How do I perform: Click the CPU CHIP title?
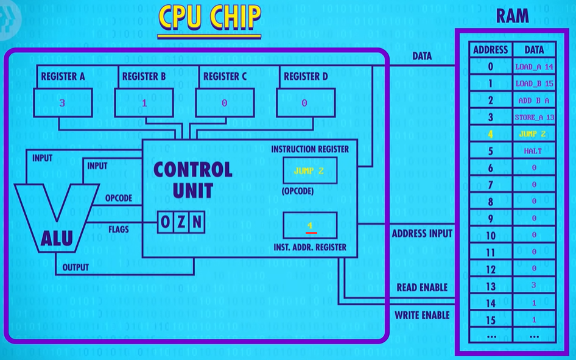209,17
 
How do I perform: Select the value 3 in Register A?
62,103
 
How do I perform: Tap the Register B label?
144,76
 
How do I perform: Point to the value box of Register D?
306,102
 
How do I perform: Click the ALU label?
57,238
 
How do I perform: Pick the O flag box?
165,222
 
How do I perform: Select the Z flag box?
181,222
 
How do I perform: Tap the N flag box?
197,222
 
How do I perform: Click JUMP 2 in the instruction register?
309,171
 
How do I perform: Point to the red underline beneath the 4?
311,233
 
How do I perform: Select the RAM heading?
513,16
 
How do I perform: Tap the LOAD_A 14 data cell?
534,67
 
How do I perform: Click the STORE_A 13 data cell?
534,118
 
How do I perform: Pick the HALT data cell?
533,151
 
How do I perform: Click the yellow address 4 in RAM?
490,135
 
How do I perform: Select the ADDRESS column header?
490,49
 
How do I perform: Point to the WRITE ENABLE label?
422,315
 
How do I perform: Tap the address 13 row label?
491,286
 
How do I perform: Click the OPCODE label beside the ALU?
119,199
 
